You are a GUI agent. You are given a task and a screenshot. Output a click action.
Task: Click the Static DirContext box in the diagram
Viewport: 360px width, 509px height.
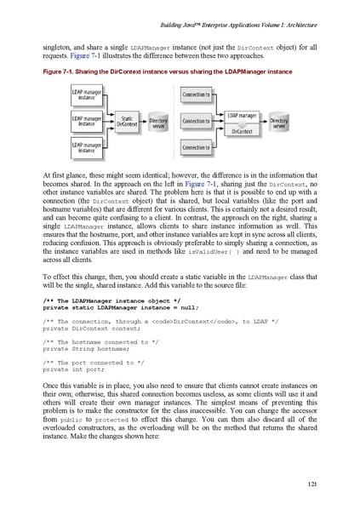(x=127, y=122)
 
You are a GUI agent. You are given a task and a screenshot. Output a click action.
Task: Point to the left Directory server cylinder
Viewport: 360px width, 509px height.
(x=159, y=123)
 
